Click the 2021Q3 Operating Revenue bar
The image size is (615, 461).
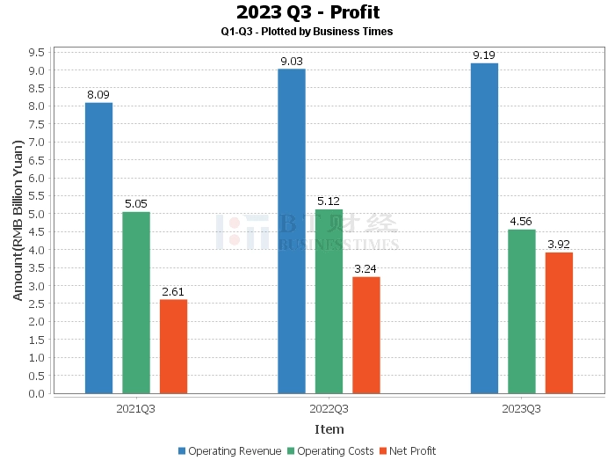[98, 248]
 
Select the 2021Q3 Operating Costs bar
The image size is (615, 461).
[136, 303]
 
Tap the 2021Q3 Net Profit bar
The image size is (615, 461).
[173, 347]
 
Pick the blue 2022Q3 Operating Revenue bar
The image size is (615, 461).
[292, 231]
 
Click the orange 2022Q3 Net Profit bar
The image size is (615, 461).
[366, 335]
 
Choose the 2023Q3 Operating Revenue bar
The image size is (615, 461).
[484, 229]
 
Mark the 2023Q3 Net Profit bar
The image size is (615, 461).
[559, 323]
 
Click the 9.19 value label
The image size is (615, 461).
[484, 55]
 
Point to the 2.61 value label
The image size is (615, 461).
[173, 292]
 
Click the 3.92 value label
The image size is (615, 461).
[559, 245]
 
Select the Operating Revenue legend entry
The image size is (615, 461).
[229, 451]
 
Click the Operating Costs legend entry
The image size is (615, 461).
[330, 451]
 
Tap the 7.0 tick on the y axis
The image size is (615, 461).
[38, 142]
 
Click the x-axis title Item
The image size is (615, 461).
[329, 428]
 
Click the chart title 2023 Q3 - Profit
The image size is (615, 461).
[307, 12]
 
